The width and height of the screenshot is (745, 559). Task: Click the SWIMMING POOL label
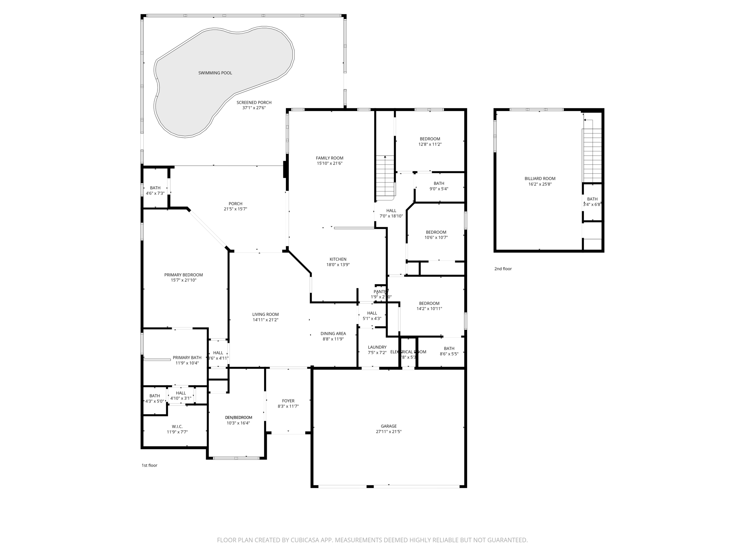coord(215,73)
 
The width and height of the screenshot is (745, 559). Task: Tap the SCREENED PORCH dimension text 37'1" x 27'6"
coord(254,108)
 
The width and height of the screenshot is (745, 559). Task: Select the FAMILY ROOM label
coord(329,158)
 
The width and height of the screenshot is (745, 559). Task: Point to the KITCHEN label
coord(338,259)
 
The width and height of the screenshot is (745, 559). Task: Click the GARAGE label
coord(389,426)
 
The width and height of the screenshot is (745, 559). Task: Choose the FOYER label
coord(288,401)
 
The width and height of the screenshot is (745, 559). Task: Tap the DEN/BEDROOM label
coord(238,417)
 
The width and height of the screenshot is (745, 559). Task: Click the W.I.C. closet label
coord(177,427)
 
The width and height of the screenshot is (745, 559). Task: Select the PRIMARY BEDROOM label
coord(183,275)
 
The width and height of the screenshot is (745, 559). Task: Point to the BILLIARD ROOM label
coord(540,178)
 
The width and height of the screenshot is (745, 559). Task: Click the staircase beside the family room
coord(385,177)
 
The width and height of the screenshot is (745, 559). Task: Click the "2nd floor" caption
coord(503,269)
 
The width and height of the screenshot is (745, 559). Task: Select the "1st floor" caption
coord(149,465)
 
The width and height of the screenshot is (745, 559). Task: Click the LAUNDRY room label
coord(377,347)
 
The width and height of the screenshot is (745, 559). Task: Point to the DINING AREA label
coord(333,333)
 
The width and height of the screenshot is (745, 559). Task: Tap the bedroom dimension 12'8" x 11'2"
coord(430,144)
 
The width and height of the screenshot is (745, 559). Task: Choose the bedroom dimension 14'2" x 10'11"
coord(429,309)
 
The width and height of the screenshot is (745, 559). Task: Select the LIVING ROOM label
coord(266,314)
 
